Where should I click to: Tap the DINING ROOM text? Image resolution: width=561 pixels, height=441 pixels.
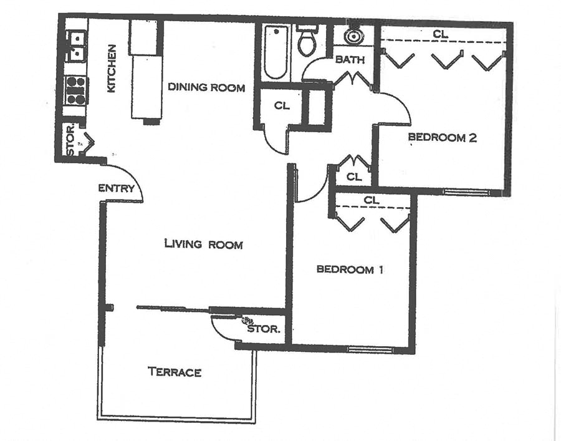tap(206, 87)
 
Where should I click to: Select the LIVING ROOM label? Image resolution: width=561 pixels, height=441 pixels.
tap(203, 244)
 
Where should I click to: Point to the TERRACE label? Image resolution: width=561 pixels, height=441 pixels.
tap(175, 372)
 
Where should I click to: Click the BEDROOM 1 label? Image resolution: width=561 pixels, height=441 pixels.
tap(350, 269)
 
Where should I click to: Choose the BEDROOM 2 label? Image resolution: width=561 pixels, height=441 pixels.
tap(442, 138)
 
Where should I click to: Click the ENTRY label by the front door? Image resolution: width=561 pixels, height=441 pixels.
tap(117, 188)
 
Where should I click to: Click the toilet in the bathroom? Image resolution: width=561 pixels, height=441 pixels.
tap(306, 42)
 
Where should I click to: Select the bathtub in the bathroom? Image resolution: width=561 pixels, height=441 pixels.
tap(274, 52)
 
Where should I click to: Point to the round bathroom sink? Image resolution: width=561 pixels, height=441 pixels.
tap(353, 36)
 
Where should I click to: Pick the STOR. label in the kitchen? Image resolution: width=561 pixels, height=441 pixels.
tap(70, 140)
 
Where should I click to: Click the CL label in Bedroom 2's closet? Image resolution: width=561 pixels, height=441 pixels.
tap(440, 35)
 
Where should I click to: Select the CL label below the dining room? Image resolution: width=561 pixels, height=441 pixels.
tap(282, 105)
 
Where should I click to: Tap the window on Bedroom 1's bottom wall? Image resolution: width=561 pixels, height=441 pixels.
tap(370, 349)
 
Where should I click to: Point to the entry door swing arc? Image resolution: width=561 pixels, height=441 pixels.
tap(135, 181)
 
